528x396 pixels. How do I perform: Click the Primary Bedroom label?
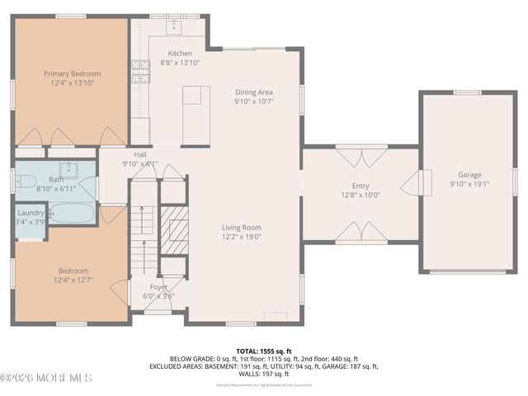(x=69, y=73)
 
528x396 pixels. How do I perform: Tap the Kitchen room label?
(x=180, y=53)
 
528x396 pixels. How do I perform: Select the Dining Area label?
(x=253, y=92)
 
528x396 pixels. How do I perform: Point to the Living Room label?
(x=241, y=228)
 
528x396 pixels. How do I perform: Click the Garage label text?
(x=469, y=175)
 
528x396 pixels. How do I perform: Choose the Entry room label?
(x=361, y=186)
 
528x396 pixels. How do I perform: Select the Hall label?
(x=140, y=154)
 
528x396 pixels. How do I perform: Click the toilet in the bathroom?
(x=24, y=181)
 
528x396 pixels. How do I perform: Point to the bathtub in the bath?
(x=72, y=214)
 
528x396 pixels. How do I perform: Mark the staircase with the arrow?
(x=143, y=239)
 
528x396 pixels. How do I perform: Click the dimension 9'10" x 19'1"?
(x=469, y=185)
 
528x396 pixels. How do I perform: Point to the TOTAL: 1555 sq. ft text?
(x=263, y=350)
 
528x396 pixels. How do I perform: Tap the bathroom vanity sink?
(x=69, y=171)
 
